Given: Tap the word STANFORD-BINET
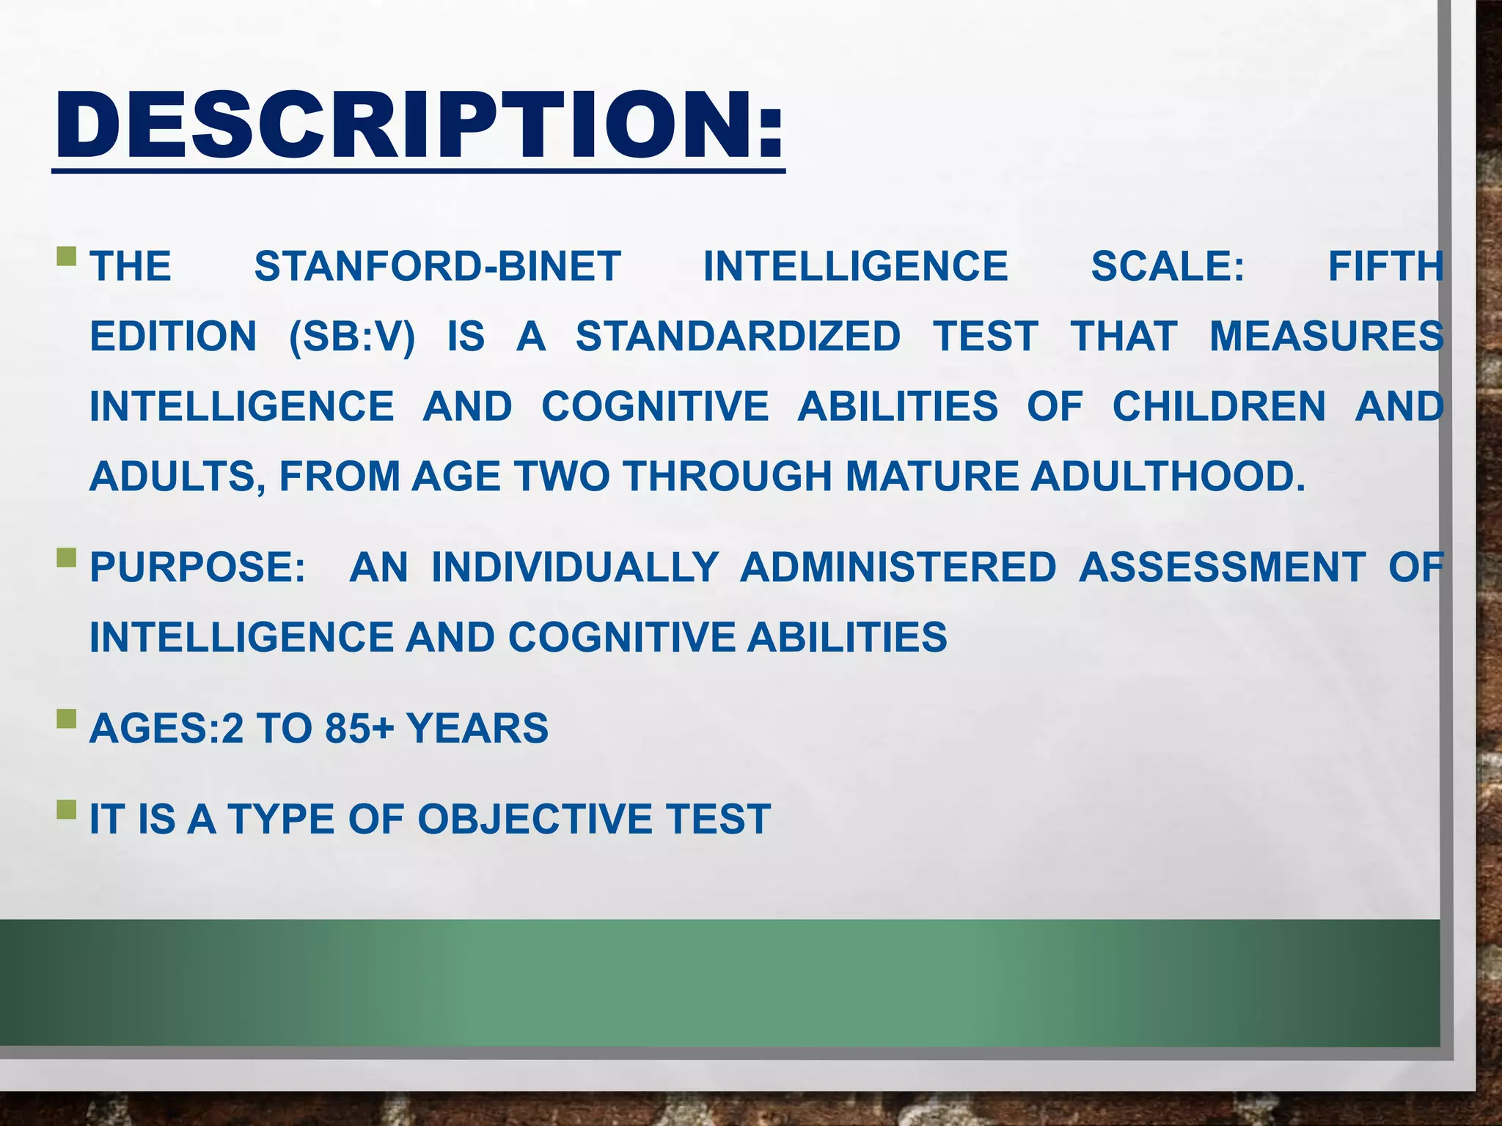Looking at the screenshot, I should [438, 266].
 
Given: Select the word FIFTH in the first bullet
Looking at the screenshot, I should [1385, 266].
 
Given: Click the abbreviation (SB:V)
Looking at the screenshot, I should [352, 336].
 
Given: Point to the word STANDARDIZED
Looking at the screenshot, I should [738, 336].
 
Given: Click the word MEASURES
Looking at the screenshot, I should [1326, 336].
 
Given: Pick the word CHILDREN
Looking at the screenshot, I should [1219, 407].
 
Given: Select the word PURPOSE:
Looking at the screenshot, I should [197, 567].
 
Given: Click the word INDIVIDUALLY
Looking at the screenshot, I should [575, 567].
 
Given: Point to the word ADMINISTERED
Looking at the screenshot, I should [898, 567].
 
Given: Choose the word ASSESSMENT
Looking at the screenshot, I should [1222, 567].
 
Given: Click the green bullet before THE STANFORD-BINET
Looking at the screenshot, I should [66, 257].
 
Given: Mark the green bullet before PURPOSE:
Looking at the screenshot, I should [66, 558].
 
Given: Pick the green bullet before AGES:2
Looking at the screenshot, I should [66, 719].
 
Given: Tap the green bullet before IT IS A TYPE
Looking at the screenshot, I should [66, 809].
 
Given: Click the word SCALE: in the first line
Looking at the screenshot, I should [1168, 266].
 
